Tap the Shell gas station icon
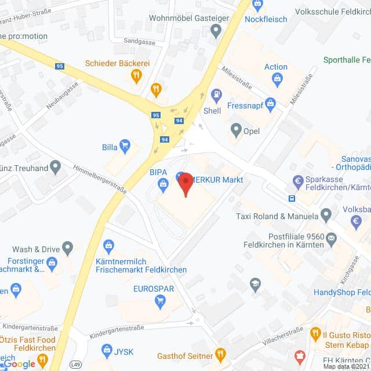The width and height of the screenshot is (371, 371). [x=216, y=94]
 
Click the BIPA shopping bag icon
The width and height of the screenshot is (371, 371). [x=163, y=184]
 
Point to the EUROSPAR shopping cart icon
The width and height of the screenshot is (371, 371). [x=161, y=300]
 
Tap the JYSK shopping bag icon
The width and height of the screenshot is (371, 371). [x=106, y=350]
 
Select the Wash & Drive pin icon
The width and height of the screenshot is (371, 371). [x=68, y=249]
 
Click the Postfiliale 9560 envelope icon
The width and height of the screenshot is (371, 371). [x=331, y=237]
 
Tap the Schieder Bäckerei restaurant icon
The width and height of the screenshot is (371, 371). [x=137, y=74]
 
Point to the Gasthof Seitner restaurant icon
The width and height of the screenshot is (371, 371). [x=220, y=353]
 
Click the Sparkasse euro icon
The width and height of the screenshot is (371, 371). [x=299, y=180]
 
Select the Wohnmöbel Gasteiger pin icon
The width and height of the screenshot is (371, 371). [x=216, y=31]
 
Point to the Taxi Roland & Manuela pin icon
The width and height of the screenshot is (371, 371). [x=326, y=216]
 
